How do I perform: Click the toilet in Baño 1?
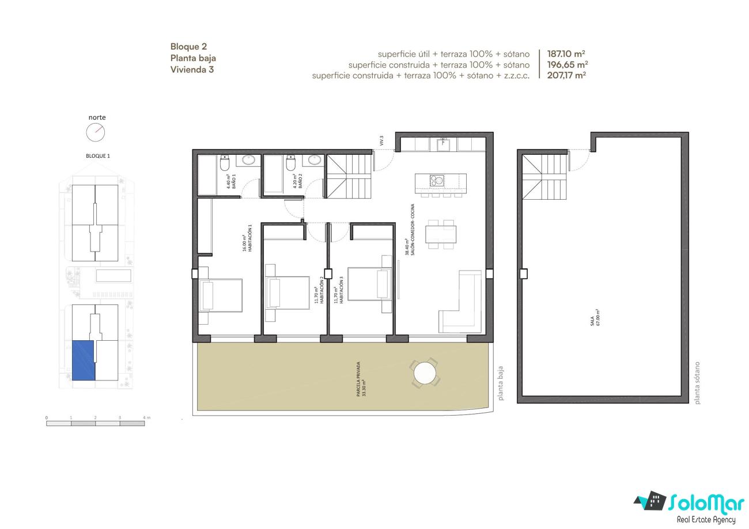pyautogui.click(x=224, y=163)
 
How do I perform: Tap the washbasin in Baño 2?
pyautogui.click(x=315, y=160)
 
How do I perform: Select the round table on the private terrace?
pyautogui.click(x=425, y=373)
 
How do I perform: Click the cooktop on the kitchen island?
pyautogui.click(x=437, y=180)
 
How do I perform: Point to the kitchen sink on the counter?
pyautogui.click(x=444, y=144)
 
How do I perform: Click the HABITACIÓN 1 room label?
pyautogui.click(x=247, y=238)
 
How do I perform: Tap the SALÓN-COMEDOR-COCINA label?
pyautogui.click(x=410, y=230)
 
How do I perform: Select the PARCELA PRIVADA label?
pyautogui.click(x=361, y=379)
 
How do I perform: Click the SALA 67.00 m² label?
pyautogui.click(x=595, y=317)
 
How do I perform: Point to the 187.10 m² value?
pyautogui.click(x=566, y=54)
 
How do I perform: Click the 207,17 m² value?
pyautogui.click(x=566, y=75)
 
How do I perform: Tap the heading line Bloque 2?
pyautogui.click(x=188, y=47)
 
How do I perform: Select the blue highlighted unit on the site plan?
pyautogui.click(x=84, y=360)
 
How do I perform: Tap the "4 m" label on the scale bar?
pyautogui.click(x=146, y=417)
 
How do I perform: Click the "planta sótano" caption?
pyautogui.click(x=697, y=383)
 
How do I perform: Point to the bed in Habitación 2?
pyautogui.click(x=288, y=293)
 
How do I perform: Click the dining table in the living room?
pyautogui.click(x=441, y=234)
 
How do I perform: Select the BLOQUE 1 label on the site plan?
pyautogui.click(x=97, y=156)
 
